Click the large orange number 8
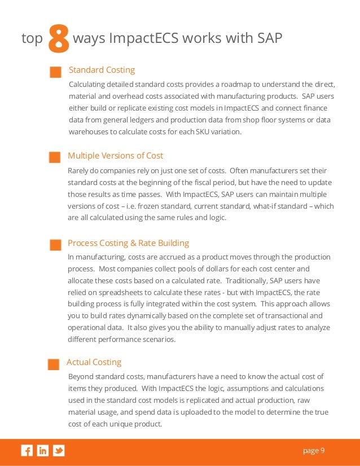59,39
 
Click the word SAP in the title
266,38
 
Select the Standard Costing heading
102,70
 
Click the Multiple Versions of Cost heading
115,156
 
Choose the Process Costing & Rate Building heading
128,243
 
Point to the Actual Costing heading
94,362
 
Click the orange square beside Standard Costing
55,72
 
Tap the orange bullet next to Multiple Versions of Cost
55,157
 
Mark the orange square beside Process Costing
55,245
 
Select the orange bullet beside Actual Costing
54,364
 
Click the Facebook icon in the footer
27,450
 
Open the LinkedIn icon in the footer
43,450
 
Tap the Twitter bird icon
59,450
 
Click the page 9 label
314,450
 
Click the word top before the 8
32,38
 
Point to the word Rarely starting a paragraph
78,170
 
